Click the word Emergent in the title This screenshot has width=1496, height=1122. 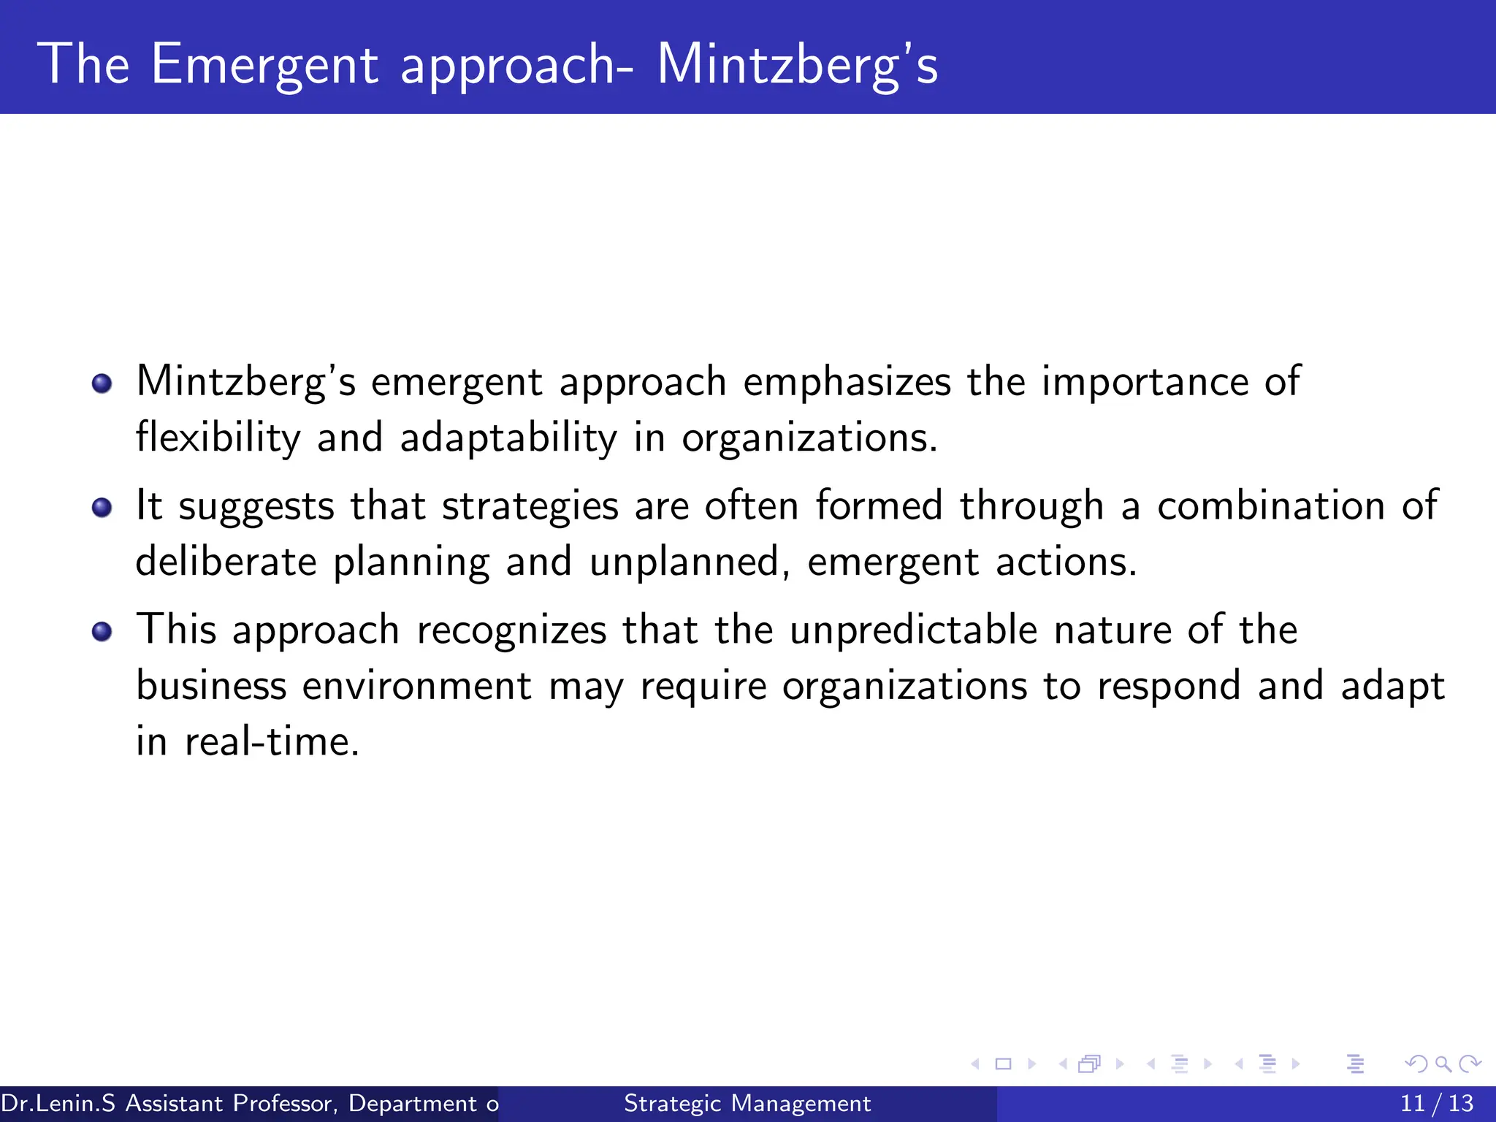pyautogui.click(x=264, y=64)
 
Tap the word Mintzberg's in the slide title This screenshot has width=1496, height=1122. pyautogui.click(x=797, y=64)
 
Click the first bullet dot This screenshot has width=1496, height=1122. pyautogui.click(x=102, y=383)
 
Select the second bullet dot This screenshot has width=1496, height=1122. pyautogui.click(x=102, y=508)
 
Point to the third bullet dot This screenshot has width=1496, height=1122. pyautogui.click(x=102, y=632)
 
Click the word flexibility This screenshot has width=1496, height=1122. pyautogui.click(x=218, y=438)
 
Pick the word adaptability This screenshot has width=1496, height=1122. pyautogui.click(x=508, y=438)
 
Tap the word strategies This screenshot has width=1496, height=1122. pyautogui.click(x=530, y=506)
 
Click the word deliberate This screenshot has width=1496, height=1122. pyautogui.click(x=226, y=562)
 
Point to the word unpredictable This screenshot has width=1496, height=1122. pyautogui.click(x=913, y=630)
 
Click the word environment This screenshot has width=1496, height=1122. pyautogui.click(x=416, y=687)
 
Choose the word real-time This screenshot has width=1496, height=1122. pyautogui.click(x=272, y=742)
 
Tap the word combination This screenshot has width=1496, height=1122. pyautogui.click(x=1271, y=506)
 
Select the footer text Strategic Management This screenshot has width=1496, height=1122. pyautogui.click(x=747, y=1103)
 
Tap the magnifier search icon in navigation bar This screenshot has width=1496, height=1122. pyautogui.click(x=1443, y=1064)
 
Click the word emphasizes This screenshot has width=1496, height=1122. pyautogui.click(x=847, y=382)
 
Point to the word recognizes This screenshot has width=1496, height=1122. pyautogui.click(x=511, y=630)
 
